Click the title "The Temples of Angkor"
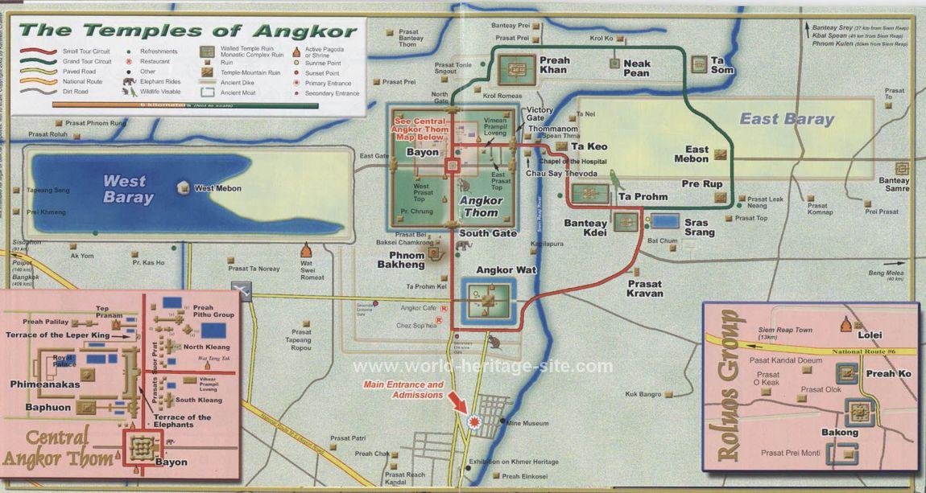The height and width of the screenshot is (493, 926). pos(188,31)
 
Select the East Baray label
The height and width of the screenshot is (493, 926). pos(787,119)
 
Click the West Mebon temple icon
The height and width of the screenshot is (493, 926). pos(184,188)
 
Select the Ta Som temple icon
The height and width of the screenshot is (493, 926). pos(697,61)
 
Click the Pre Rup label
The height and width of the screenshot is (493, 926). pos(701,184)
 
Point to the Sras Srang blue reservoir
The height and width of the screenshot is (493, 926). pos(664,220)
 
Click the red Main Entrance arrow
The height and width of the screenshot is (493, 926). pos(457,401)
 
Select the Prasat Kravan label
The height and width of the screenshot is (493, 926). pos(646,289)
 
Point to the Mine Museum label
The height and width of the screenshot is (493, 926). pos(528,423)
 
